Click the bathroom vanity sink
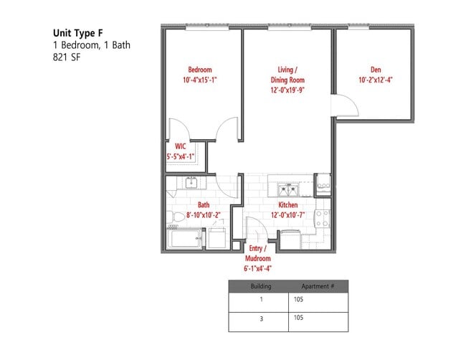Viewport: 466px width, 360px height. [191, 184]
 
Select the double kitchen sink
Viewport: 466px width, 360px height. [289, 190]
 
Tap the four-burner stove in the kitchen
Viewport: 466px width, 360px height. [323, 218]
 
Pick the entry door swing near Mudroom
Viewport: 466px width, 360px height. [255, 230]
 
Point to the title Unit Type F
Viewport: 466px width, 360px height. [82, 32]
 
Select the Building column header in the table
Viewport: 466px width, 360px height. [260, 285]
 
